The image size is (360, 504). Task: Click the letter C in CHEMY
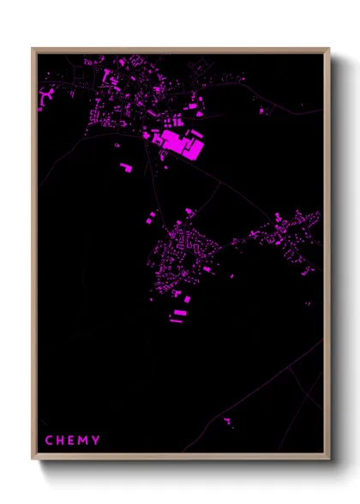(x=48, y=441)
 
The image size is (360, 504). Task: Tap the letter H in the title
(x=60, y=441)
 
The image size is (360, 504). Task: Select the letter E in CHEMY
(x=72, y=441)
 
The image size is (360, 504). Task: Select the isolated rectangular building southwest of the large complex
(x=126, y=166)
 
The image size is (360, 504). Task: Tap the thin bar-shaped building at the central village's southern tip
(x=176, y=321)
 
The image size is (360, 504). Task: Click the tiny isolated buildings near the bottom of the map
(x=227, y=421)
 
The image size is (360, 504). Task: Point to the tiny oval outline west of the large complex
(x=118, y=146)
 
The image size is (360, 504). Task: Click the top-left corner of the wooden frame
(x=33, y=49)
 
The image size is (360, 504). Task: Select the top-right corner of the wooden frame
(x=329, y=49)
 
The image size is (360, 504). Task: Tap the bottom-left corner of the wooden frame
(x=33, y=459)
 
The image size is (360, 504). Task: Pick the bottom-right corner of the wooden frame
(x=329, y=459)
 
